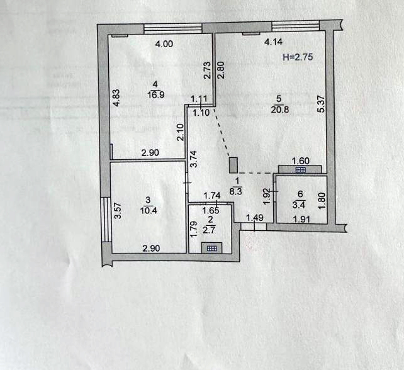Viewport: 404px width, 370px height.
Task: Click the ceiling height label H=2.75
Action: click(298, 57)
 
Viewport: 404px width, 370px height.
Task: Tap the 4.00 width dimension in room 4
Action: click(164, 44)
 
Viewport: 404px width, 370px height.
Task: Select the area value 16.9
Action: click(156, 95)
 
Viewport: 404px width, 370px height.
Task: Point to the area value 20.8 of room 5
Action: click(280, 109)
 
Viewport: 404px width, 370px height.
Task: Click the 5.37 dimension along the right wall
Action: click(322, 104)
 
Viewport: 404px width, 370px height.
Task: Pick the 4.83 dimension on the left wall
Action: click(116, 98)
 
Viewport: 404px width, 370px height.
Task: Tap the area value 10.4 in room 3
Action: click(149, 211)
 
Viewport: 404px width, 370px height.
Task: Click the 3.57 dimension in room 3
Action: click(118, 211)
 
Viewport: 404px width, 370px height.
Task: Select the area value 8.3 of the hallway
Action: click(236, 191)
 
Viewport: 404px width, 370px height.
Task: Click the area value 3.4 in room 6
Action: click(299, 205)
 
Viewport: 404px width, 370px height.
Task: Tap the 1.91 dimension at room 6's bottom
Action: click(301, 219)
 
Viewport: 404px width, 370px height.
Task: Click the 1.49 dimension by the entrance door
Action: click(255, 218)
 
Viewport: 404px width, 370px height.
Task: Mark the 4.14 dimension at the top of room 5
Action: click(274, 42)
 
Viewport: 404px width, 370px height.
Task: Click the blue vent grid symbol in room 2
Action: click(212, 249)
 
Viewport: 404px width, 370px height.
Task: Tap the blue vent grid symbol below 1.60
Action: click(300, 170)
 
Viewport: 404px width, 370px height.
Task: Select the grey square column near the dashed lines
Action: click(233, 165)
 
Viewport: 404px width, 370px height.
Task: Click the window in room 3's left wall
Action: click(106, 220)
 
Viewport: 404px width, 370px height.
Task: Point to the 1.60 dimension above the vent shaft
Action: click(300, 161)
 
